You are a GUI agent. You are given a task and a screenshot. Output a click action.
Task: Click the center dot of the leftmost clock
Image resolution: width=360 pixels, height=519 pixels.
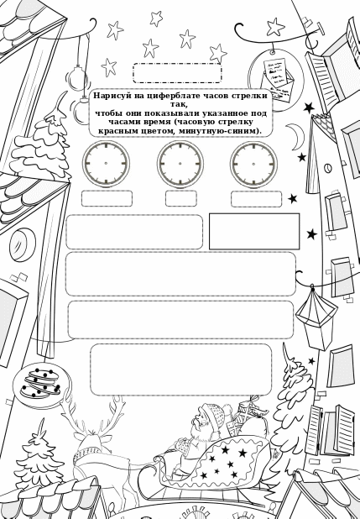[x=106, y=163]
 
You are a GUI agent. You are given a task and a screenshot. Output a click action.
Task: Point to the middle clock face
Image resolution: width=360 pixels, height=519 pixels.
[x=180, y=164]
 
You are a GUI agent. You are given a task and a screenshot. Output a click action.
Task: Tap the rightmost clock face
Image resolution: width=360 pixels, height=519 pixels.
[x=253, y=164]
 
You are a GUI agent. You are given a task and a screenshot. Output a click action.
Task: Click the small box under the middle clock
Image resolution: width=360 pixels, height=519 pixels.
[x=181, y=198]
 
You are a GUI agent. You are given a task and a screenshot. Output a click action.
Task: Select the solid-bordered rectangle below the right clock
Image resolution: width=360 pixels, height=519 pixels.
[x=254, y=231]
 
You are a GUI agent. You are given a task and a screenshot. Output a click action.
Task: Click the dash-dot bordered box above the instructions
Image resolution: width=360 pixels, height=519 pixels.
[x=177, y=73]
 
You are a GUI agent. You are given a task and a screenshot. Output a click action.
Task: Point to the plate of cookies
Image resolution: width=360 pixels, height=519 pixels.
[x=41, y=385]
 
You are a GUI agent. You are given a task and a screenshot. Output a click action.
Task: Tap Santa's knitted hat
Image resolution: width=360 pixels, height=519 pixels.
[x=214, y=414]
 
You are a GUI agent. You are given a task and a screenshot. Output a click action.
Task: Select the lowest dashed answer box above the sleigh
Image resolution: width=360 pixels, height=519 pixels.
[x=181, y=370]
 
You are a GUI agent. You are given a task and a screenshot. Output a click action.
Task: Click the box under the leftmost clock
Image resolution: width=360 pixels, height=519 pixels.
[x=107, y=198]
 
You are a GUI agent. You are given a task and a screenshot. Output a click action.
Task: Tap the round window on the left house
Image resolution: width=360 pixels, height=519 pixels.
[x=22, y=244]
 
